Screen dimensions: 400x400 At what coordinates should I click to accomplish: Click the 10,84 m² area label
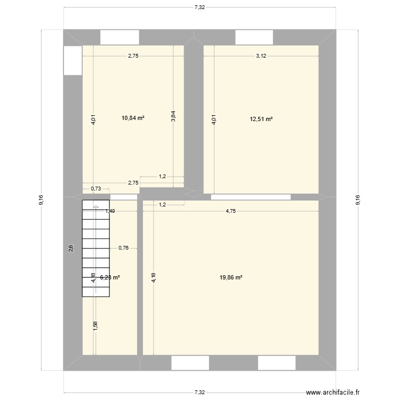(133, 118)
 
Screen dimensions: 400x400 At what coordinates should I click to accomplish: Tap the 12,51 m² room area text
(261, 118)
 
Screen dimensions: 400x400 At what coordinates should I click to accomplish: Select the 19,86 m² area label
(231, 277)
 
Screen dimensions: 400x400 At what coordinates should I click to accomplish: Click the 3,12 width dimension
(261, 56)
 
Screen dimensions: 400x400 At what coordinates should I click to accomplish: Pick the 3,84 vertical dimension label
(173, 117)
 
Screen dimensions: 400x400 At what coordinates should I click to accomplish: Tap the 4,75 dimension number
(230, 211)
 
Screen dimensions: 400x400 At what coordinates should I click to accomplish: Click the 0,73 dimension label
(96, 188)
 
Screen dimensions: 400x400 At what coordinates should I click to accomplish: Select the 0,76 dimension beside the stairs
(123, 247)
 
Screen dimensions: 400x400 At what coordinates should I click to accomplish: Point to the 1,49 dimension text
(110, 211)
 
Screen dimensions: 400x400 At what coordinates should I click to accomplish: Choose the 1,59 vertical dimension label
(95, 326)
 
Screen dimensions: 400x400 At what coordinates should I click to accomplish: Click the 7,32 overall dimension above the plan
(199, 7)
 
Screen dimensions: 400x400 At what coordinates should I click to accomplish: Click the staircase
(95, 248)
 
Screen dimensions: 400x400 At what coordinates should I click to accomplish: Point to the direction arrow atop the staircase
(95, 206)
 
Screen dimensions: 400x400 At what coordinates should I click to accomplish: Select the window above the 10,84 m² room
(119, 37)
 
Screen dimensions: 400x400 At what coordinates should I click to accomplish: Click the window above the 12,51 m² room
(254, 37)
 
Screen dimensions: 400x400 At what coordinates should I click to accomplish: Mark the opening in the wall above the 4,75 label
(251, 197)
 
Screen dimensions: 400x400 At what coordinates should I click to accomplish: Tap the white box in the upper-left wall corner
(72, 60)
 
